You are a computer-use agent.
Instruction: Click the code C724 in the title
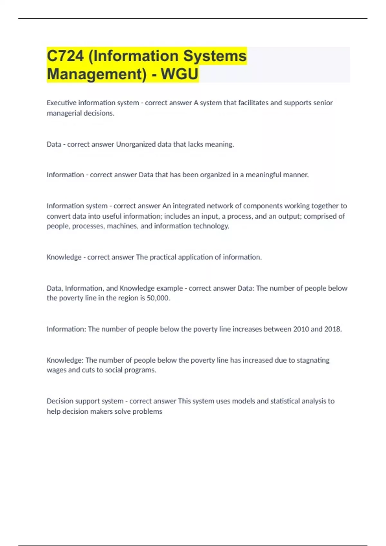[65, 56]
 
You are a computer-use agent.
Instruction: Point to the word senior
[323, 103]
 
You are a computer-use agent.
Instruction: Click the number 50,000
[158, 298]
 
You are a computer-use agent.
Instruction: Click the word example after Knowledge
[170, 288]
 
